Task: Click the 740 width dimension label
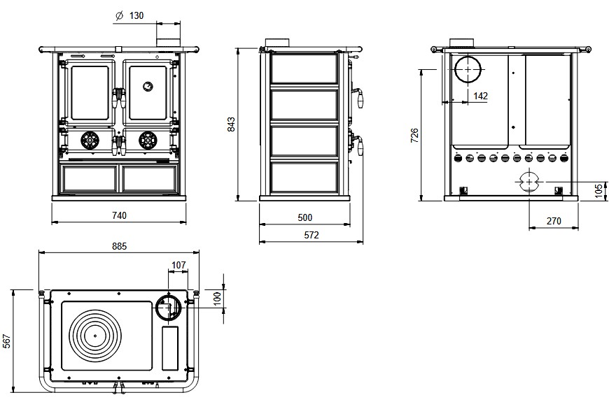pos(119,215)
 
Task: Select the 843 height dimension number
pos(231,124)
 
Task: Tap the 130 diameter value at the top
pos(136,15)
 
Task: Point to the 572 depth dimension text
pos(311,235)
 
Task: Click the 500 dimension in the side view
pos(305,217)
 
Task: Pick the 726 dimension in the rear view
pos(414,136)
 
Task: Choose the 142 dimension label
pos(480,96)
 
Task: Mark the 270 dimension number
pos(554,221)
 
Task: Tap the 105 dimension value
pos(598,192)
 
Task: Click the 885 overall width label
pos(119,246)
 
